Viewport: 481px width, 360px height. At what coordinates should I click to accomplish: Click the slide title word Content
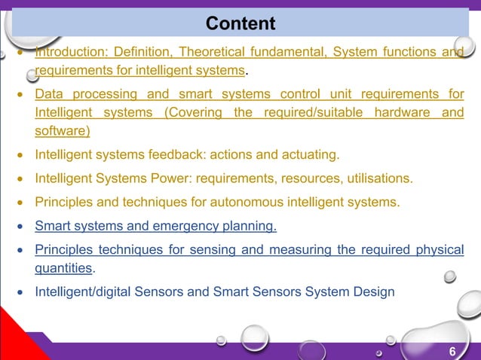pyautogui.click(x=240, y=24)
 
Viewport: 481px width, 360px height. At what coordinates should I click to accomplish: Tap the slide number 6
pyautogui.click(x=452, y=351)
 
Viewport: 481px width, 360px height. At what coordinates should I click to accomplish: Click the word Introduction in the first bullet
pyautogui.click(x=70, y=52)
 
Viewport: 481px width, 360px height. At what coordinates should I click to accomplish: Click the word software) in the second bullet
pyautogui.click(x=63, y=131)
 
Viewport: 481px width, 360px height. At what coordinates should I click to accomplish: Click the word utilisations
pyautogui.click(x=378, y=178)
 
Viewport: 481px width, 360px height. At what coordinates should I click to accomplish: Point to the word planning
pyautogui.click(x=250, y=225)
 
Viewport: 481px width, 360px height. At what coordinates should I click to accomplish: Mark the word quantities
pyautogui.click(x=64, y=267)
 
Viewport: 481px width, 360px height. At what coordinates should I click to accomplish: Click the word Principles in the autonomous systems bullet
pyautogui.click(x=63, y=202)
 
